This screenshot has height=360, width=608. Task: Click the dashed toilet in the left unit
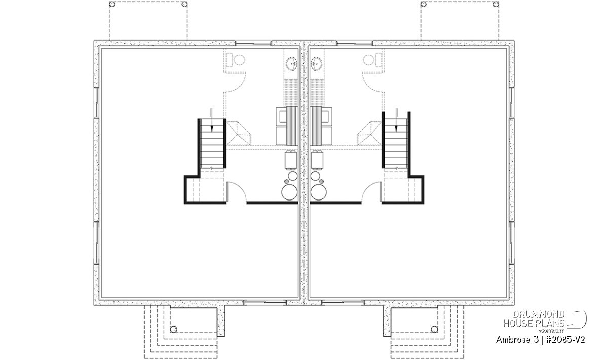236,60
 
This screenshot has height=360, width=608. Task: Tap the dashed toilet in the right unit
372,60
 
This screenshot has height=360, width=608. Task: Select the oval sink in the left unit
292,64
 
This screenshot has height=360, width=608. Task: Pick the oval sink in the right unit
316,64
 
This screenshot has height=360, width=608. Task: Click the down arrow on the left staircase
212,120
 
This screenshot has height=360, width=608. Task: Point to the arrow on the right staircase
396,120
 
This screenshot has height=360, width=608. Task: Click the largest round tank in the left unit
289,192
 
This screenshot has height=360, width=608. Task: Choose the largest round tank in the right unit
319,192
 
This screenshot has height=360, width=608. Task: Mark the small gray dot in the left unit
286,181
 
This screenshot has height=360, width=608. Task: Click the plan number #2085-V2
565,340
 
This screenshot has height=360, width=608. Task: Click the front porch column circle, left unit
173,329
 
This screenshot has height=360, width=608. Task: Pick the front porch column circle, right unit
434,329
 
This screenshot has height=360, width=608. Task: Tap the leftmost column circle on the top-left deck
112,5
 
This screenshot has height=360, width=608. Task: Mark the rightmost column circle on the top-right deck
496,5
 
